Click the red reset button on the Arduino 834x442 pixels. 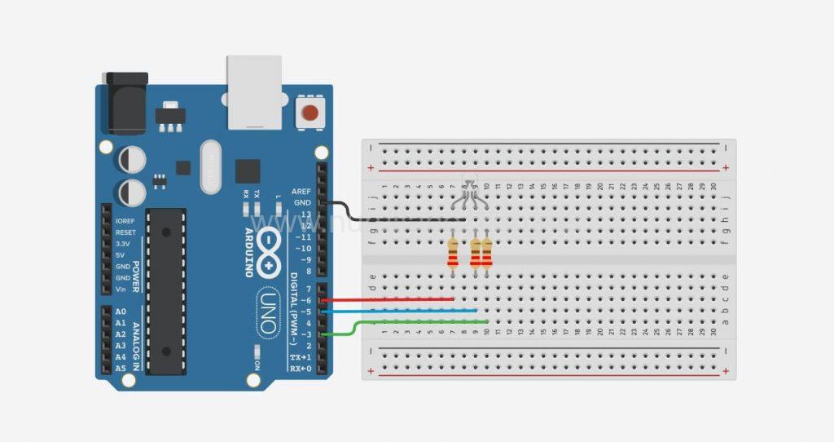[309, 113]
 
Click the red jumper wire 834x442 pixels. [391, 299]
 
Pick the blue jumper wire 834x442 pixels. [399, 311]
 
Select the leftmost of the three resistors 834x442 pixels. [453, 253]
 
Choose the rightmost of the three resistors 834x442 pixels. [487, 253]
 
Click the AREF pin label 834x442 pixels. [301, 190]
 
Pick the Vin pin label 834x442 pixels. [122, 290]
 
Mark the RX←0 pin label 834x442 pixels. [300, 369]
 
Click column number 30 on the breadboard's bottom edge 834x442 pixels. [714, 332]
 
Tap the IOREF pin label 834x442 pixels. [125, 221]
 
